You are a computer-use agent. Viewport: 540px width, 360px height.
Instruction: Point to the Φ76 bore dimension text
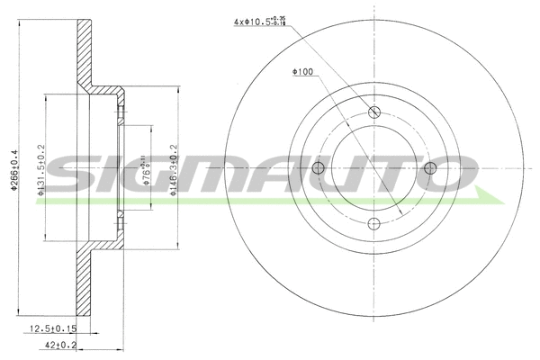tap(147, 168)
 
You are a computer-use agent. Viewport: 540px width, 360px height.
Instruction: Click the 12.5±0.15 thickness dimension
tap(53, 330)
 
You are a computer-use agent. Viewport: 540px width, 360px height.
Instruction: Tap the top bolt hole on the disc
tap(373, 112)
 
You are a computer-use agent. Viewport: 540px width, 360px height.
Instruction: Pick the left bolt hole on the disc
tap(317, 169)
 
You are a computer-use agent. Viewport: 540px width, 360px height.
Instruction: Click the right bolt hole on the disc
tap(430, 169)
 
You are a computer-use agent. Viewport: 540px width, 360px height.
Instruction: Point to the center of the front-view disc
tap(373, 169)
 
